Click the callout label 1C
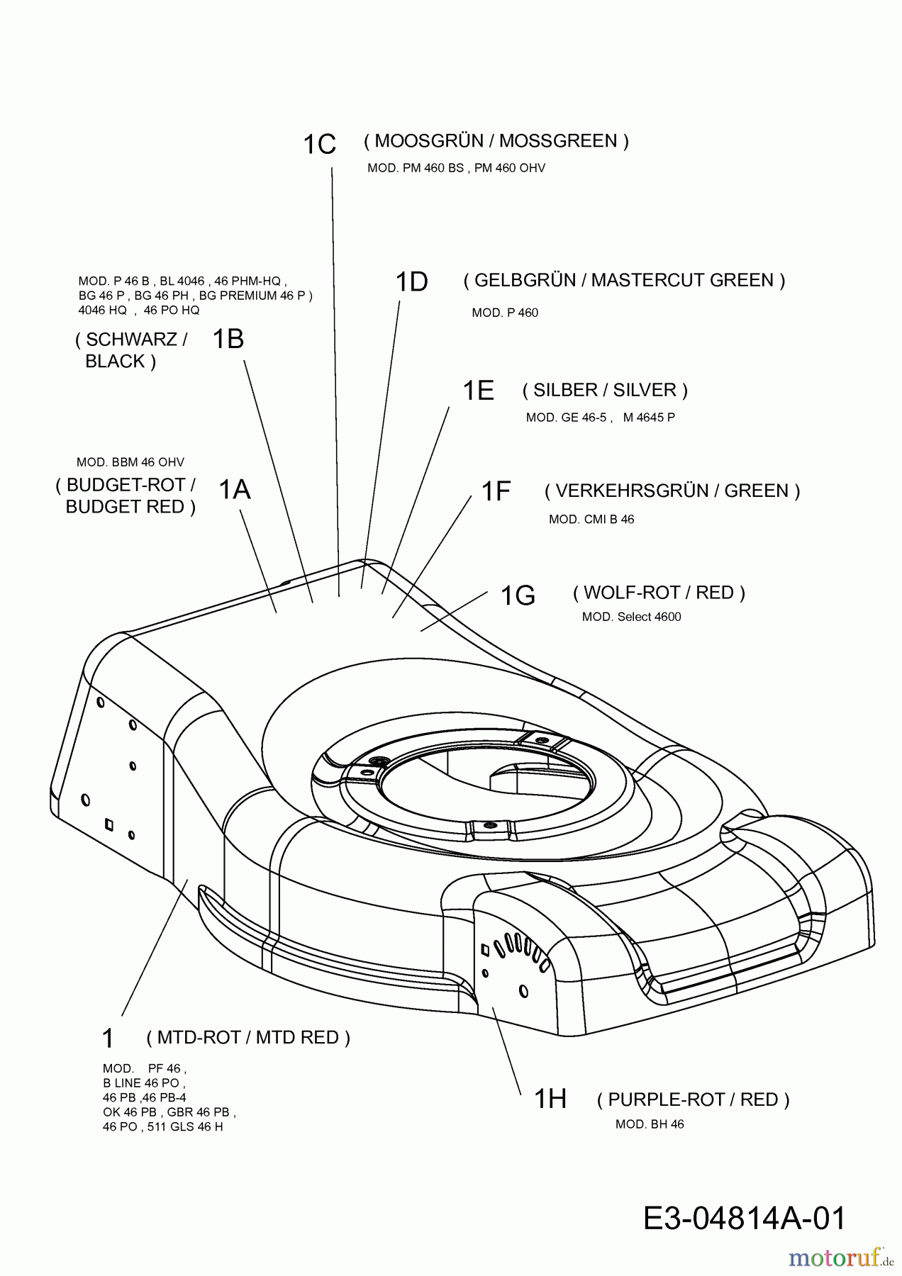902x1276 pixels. click(x=319, y=145)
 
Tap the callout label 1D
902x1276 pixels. click(x=411, y=282)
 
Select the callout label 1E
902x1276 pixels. click(x=478, y=391)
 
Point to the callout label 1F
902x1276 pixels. click(x=496, y=491)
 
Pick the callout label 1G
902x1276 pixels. click(x=518, y=595)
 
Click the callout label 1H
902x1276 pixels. click(x=550, y=1099)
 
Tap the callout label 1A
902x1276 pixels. click(x=235, y=490)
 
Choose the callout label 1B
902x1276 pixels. click(x=228, y=340)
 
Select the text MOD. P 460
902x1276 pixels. click(x=505, y=313)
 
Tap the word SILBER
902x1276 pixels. click(x=564, y=391)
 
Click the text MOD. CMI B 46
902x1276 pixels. click(x=591, y=520)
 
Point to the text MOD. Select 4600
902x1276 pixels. click(x=631, y=617)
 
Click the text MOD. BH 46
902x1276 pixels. click(x=650, y=1124)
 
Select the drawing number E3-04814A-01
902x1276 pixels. click(x=745, y=1219)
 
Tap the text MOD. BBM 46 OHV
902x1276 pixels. click(x=130, y=462)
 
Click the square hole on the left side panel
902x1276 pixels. click(x=108, y=824)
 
